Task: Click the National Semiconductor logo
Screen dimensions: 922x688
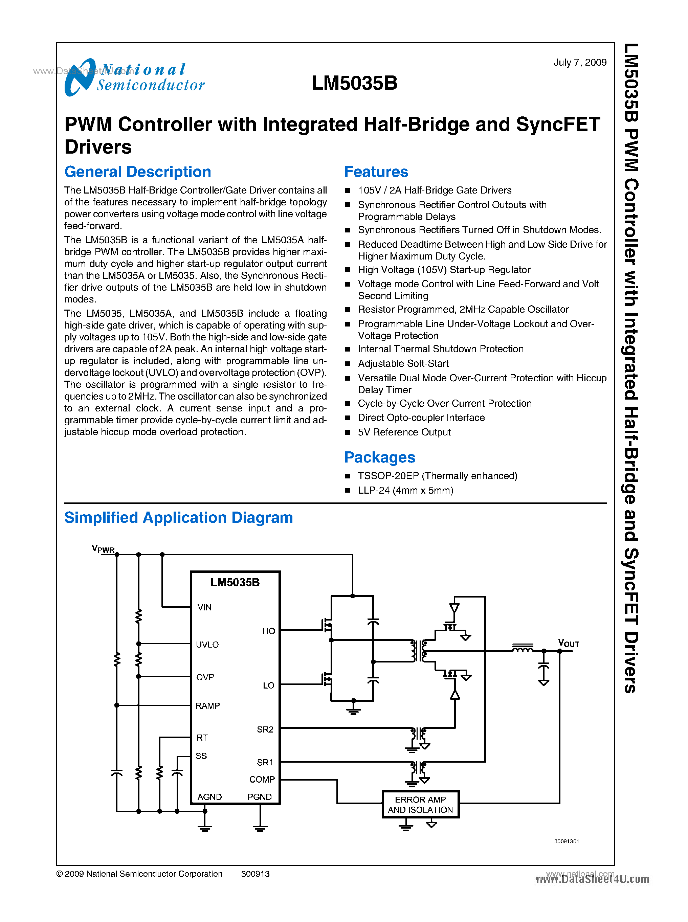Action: click(134, 77)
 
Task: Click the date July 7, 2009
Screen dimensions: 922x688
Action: click(579, 63)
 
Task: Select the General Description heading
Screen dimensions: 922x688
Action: click(137, 172)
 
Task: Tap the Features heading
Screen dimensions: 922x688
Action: click(376, 172)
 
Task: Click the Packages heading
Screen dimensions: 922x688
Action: click(379, 457)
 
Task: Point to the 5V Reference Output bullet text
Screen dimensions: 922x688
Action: click(404, 432)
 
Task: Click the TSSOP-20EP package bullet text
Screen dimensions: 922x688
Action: click(437, 476)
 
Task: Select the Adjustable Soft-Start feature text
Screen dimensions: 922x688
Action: click(403, 363)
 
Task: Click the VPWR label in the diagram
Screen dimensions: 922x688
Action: click(103, 549)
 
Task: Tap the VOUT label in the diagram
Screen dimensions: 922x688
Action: click(568, 644)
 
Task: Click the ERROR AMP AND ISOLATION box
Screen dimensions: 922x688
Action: click(420, 805)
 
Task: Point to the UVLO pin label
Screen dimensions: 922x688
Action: click(207, 645)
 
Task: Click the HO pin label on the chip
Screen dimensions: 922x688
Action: click(268, 631)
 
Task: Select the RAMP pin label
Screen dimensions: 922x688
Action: click(207, 706)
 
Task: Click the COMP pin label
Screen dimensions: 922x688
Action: click(262, 779)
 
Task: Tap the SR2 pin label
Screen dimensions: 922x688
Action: click(265, 729)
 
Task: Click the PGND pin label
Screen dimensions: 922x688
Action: click(260, 797)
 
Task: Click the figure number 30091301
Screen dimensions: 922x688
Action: click(566, 841)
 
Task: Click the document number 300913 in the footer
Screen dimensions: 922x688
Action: click(255, 874)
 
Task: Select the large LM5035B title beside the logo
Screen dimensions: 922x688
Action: click(354, 83)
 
